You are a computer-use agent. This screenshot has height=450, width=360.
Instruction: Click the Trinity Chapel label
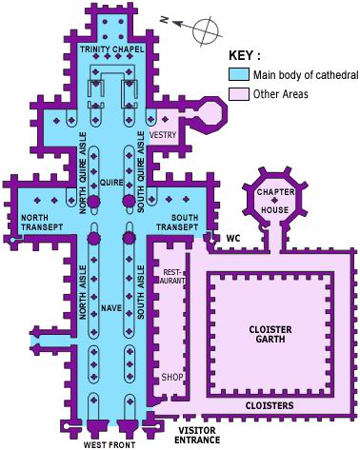point(111,49)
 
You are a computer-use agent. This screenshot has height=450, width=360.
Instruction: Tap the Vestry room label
point(163,135)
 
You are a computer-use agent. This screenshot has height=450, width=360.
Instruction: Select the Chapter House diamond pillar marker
point(275,200)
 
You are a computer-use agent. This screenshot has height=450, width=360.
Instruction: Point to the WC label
point(233,238)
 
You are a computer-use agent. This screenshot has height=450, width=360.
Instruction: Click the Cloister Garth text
point(270,334)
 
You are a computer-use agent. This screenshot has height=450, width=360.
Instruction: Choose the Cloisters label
point(270,405)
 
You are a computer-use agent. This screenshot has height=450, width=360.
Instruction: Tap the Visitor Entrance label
point(197,435)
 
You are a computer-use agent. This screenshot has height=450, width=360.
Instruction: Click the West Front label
point(110,445)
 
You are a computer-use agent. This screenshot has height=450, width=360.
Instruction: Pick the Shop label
point(172,377)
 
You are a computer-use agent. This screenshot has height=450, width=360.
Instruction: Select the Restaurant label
point(173,276)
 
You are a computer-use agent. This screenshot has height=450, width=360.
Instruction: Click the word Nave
point(111,308)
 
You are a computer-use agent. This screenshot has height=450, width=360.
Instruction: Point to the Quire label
point(111,183)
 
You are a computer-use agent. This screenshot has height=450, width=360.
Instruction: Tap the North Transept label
point(42,223)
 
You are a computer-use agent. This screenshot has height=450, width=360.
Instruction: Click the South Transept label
point(177,223)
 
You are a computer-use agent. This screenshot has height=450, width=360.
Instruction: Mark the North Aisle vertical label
point(83,292)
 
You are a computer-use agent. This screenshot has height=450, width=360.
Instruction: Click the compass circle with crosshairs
point(207,31)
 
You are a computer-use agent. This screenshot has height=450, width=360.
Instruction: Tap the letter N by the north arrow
point(164,19)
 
